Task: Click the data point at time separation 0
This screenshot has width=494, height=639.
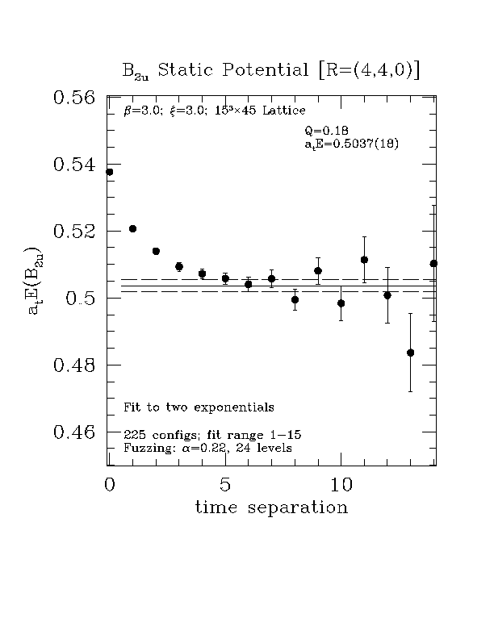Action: (x=110, y=172)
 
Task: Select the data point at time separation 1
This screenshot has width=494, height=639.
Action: (x=133, y=229)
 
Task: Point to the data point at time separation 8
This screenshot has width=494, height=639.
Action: (x=295, y=299)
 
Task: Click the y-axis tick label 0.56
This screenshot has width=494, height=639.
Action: (x=74, y=98)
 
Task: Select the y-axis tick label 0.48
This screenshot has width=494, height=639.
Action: (x=74, y=365)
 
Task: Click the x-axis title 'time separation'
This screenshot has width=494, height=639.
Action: (x=271, y=508)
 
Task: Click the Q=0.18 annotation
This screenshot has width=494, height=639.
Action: (x=326, y=131)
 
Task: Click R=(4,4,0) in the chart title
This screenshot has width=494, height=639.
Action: (x=359, y=70)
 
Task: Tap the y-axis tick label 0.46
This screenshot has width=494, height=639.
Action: (x=74, y=432)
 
